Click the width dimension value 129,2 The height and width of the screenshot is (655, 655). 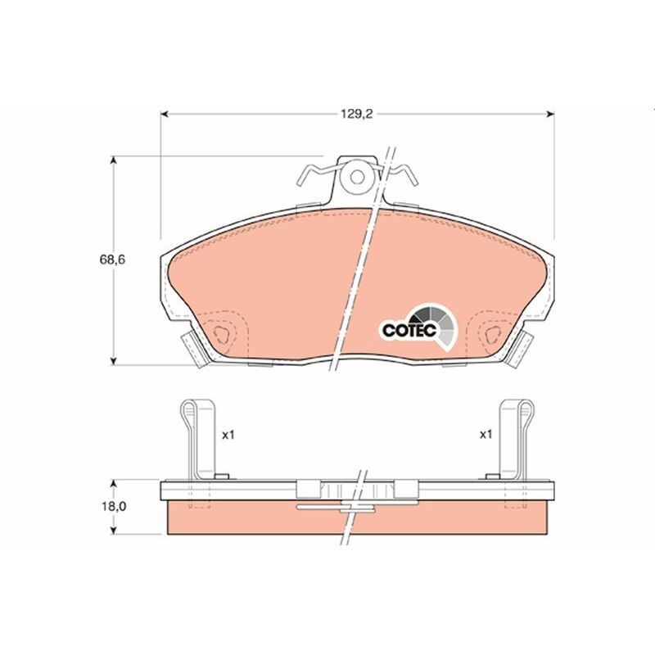click(x=357, y=115)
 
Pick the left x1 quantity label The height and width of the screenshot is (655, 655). click(x=228, y=435)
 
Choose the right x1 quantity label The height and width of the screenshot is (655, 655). click(x=486, y=435)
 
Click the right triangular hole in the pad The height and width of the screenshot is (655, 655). click(x=493, y=334)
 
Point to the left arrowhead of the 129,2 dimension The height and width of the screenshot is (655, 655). click(x=164, y=115)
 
